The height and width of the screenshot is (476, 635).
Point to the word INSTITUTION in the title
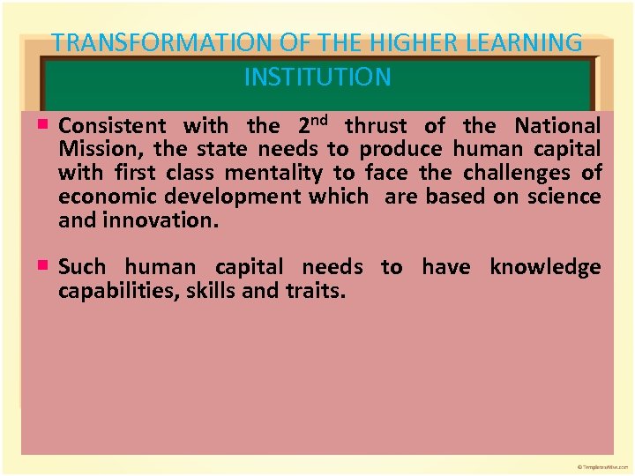click(x=317, y=78)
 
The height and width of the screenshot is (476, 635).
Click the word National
click(x=557, y=126)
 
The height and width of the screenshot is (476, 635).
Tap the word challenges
click(x=515, y=173)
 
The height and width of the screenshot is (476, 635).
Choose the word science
click(x=564, y=196)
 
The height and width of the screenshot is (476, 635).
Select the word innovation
click(x=161, y=219)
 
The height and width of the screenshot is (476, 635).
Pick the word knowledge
click(x=545, y=267)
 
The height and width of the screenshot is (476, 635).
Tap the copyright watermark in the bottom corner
click(x=603, y=465)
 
